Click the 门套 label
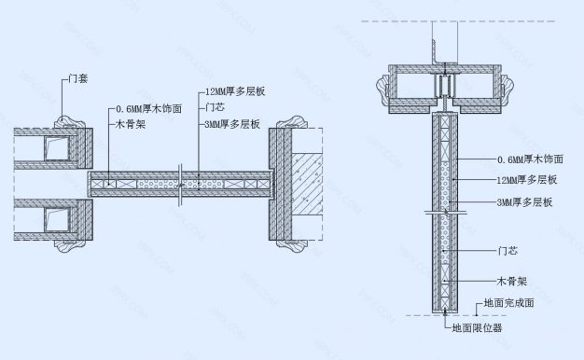coord(81,81)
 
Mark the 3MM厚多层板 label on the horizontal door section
coord(232,122)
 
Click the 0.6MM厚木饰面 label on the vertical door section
coord(530,159)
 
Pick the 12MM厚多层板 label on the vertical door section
coord(527,180)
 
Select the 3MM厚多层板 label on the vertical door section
coord(525,202)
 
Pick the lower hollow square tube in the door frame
coord(57,221)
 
